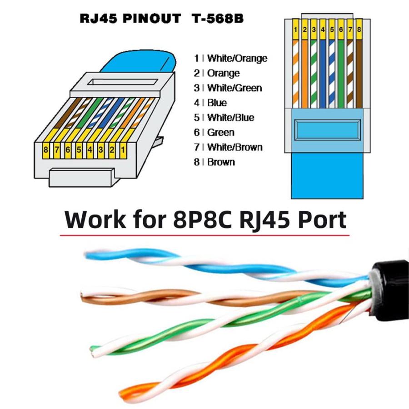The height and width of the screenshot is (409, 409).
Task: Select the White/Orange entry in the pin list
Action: (x=237, y=58)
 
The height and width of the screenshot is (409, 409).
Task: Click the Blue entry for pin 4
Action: (x=217, y=103)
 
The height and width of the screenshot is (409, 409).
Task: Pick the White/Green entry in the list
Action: (x=234, y=88)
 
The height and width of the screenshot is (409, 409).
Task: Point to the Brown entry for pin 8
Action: (x=221, y=162)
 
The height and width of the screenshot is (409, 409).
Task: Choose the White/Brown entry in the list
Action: (x=234, y=147)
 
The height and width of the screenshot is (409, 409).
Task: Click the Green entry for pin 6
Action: (x=220, y=132)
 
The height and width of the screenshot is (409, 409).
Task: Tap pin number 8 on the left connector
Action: (x=45, y=149)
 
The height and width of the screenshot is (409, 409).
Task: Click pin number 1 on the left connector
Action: (x=122, y=149)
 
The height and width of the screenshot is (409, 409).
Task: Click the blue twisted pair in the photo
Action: (x=136, y=259)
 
